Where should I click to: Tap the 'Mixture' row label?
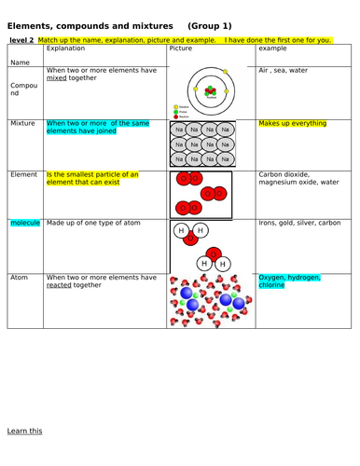click(22, 123)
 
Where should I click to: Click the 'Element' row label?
click(23, 174)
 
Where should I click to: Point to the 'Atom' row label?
click(20, 277)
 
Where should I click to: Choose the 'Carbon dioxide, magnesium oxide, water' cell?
click(300, 178)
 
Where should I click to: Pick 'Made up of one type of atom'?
click(91, 224)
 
